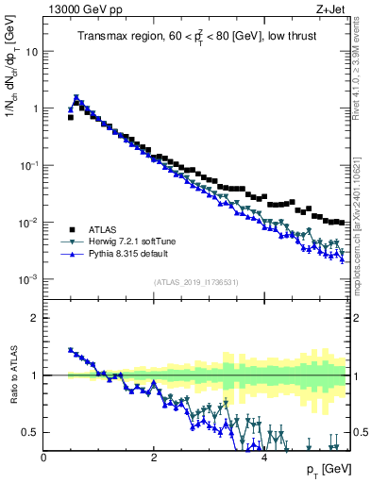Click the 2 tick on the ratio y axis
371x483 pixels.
coord(35,318)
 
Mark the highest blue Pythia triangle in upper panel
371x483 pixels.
coord(76,97)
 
